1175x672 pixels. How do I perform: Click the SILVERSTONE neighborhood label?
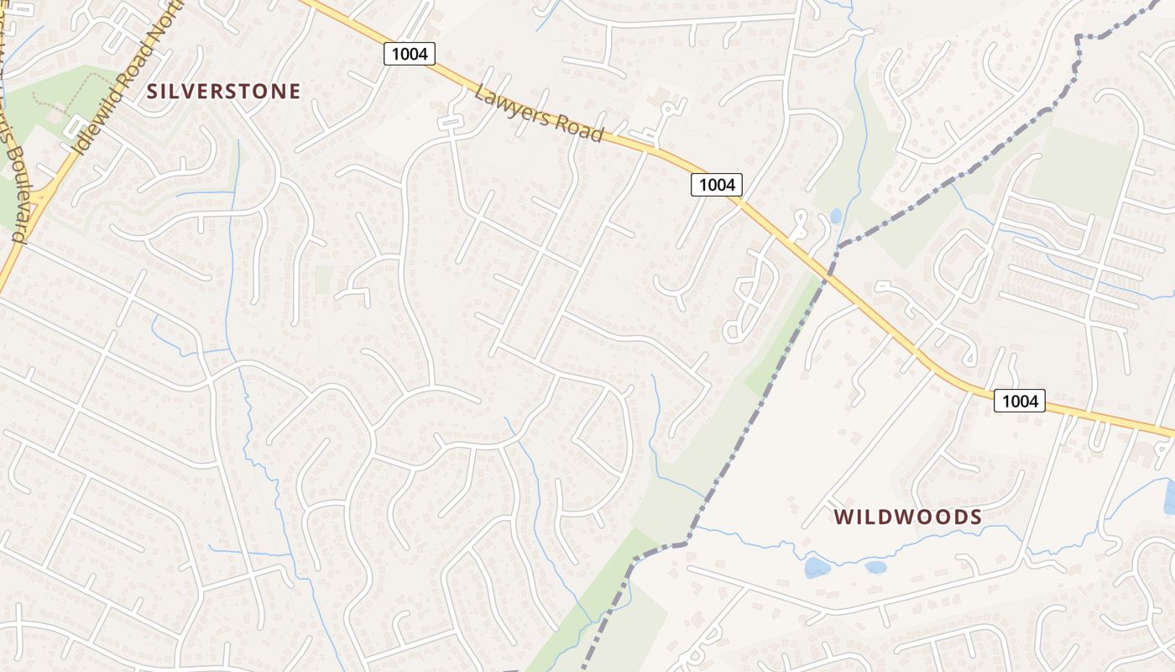point(223,92)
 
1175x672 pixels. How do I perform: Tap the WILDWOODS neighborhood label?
point(908,517)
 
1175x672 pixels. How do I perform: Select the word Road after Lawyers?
point(578,129)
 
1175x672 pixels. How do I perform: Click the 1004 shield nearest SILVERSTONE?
point(410,54)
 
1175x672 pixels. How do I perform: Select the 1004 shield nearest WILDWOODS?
point(1020,402)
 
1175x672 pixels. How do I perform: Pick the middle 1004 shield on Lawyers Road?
point(717,184)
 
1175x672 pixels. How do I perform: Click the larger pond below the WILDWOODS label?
point(817,568)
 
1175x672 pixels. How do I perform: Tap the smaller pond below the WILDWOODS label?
point(875,567)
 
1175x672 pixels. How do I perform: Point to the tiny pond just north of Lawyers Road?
point(834,216)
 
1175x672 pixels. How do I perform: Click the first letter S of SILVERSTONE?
point(152,92)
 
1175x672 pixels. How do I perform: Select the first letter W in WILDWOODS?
point(843,517)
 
